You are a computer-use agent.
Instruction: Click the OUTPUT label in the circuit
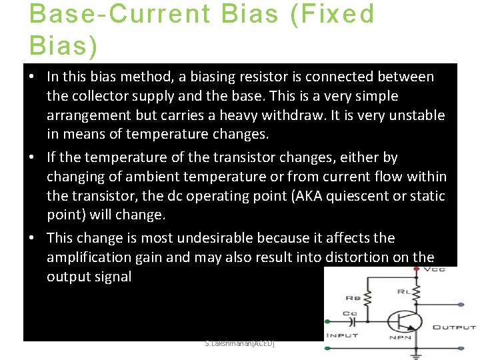point(454,327)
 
